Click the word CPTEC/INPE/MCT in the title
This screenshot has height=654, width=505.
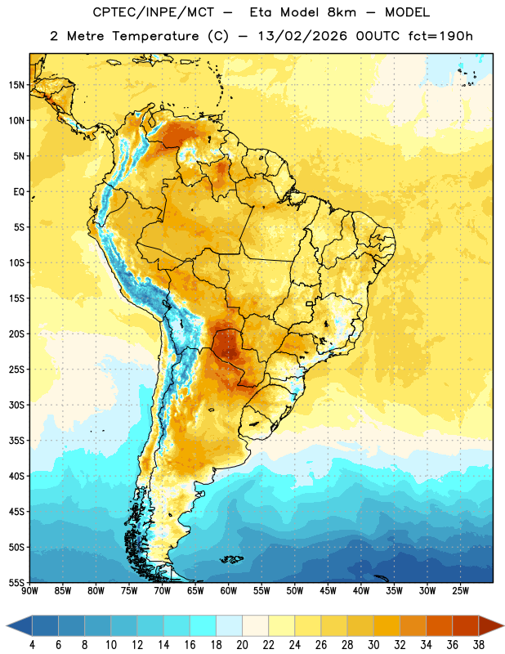153,12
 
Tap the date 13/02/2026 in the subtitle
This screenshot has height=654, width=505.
302,36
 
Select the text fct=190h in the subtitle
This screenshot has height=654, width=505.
440,36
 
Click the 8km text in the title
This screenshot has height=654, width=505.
342,12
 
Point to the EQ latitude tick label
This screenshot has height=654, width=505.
19,192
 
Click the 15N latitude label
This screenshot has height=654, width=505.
16,85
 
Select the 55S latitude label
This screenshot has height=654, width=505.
16,582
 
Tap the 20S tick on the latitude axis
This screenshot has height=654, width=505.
16,334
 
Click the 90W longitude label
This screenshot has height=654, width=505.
29,591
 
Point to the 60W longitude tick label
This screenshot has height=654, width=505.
229,591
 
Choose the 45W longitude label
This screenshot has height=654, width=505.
328,591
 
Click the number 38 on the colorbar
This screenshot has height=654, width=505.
479,645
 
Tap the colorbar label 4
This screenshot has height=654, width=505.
32,645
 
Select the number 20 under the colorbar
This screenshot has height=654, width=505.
242,645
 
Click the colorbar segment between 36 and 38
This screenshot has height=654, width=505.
466,626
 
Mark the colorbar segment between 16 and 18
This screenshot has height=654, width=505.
203,626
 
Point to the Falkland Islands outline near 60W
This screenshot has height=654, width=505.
231,559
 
